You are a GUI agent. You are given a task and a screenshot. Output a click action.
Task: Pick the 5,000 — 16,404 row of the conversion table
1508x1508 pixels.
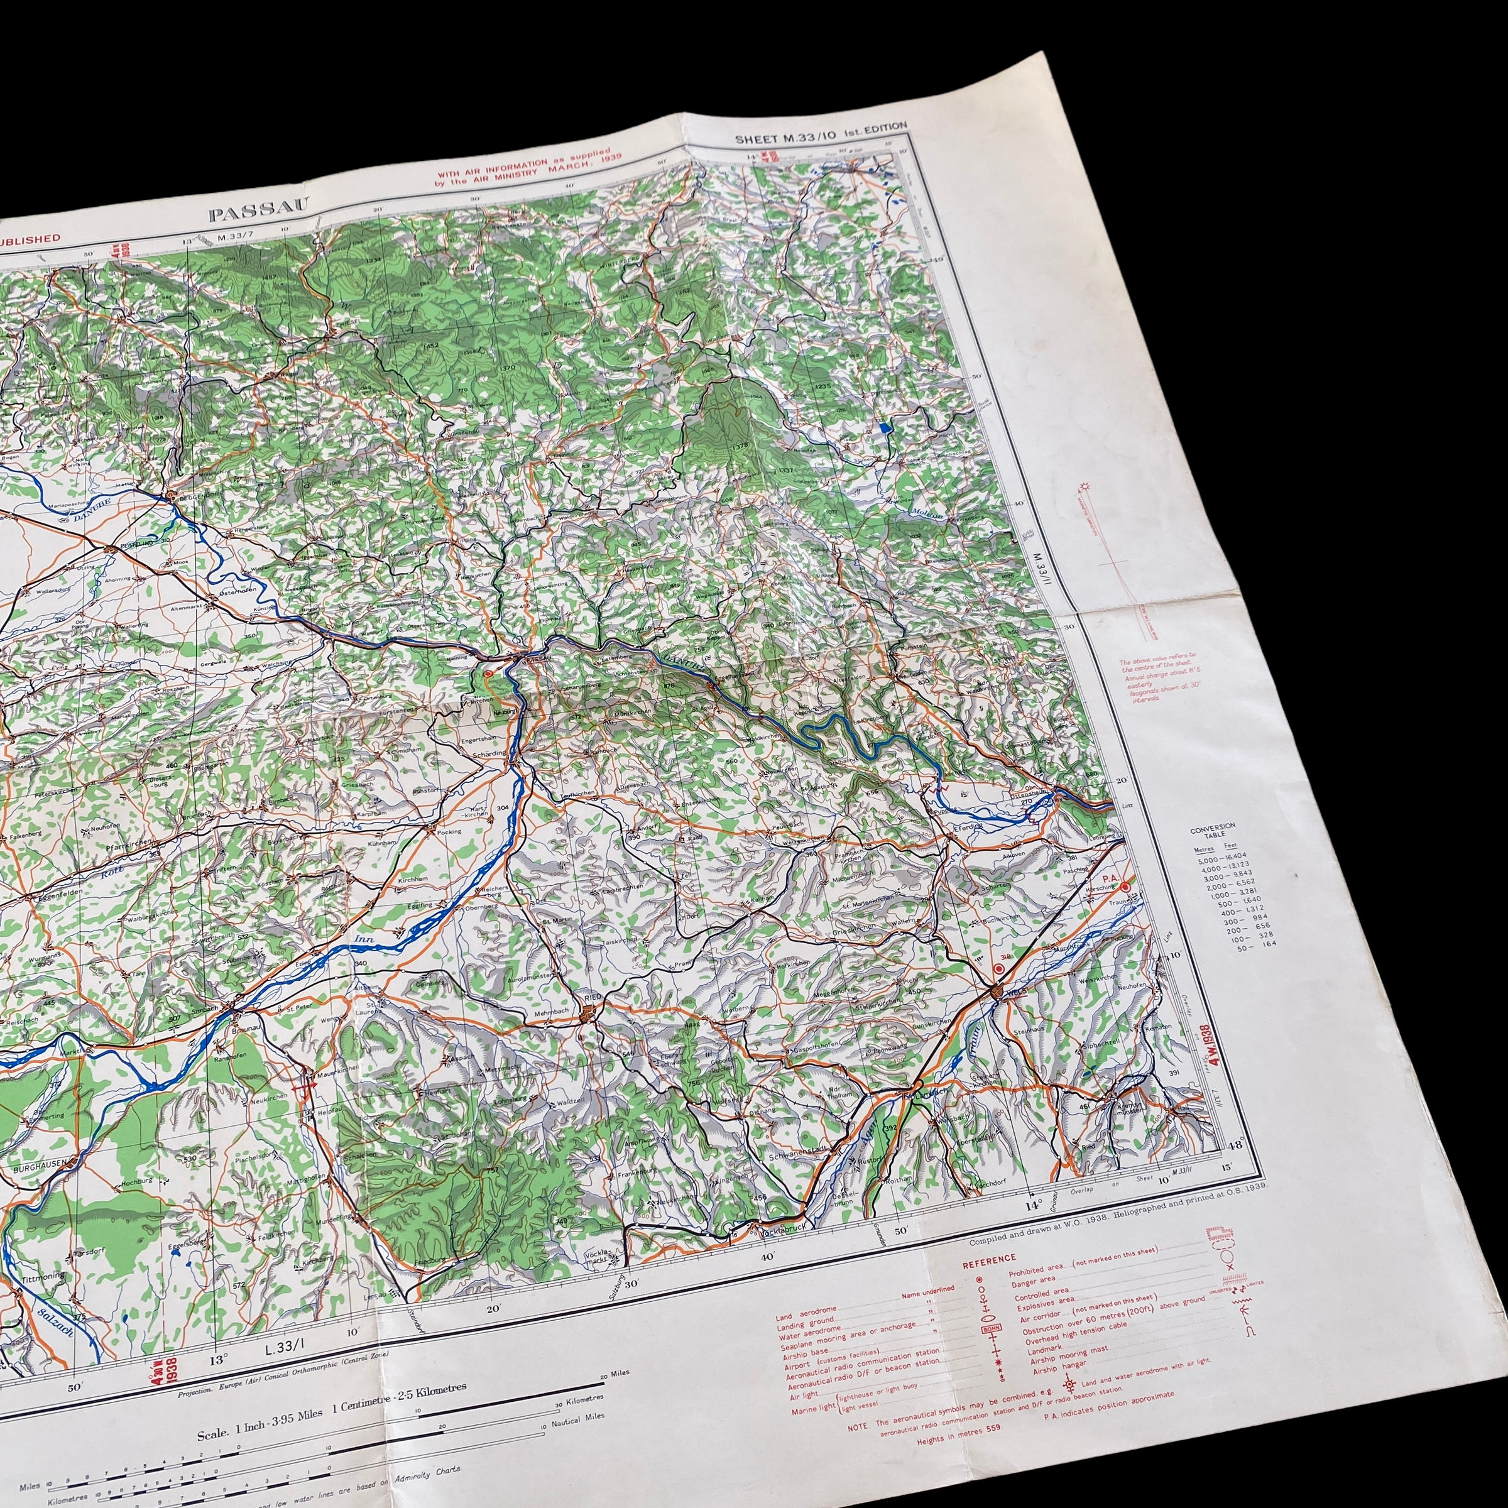pos(1222,856)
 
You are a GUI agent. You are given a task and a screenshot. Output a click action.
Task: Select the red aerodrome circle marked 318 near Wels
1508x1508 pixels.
pos(998,970)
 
